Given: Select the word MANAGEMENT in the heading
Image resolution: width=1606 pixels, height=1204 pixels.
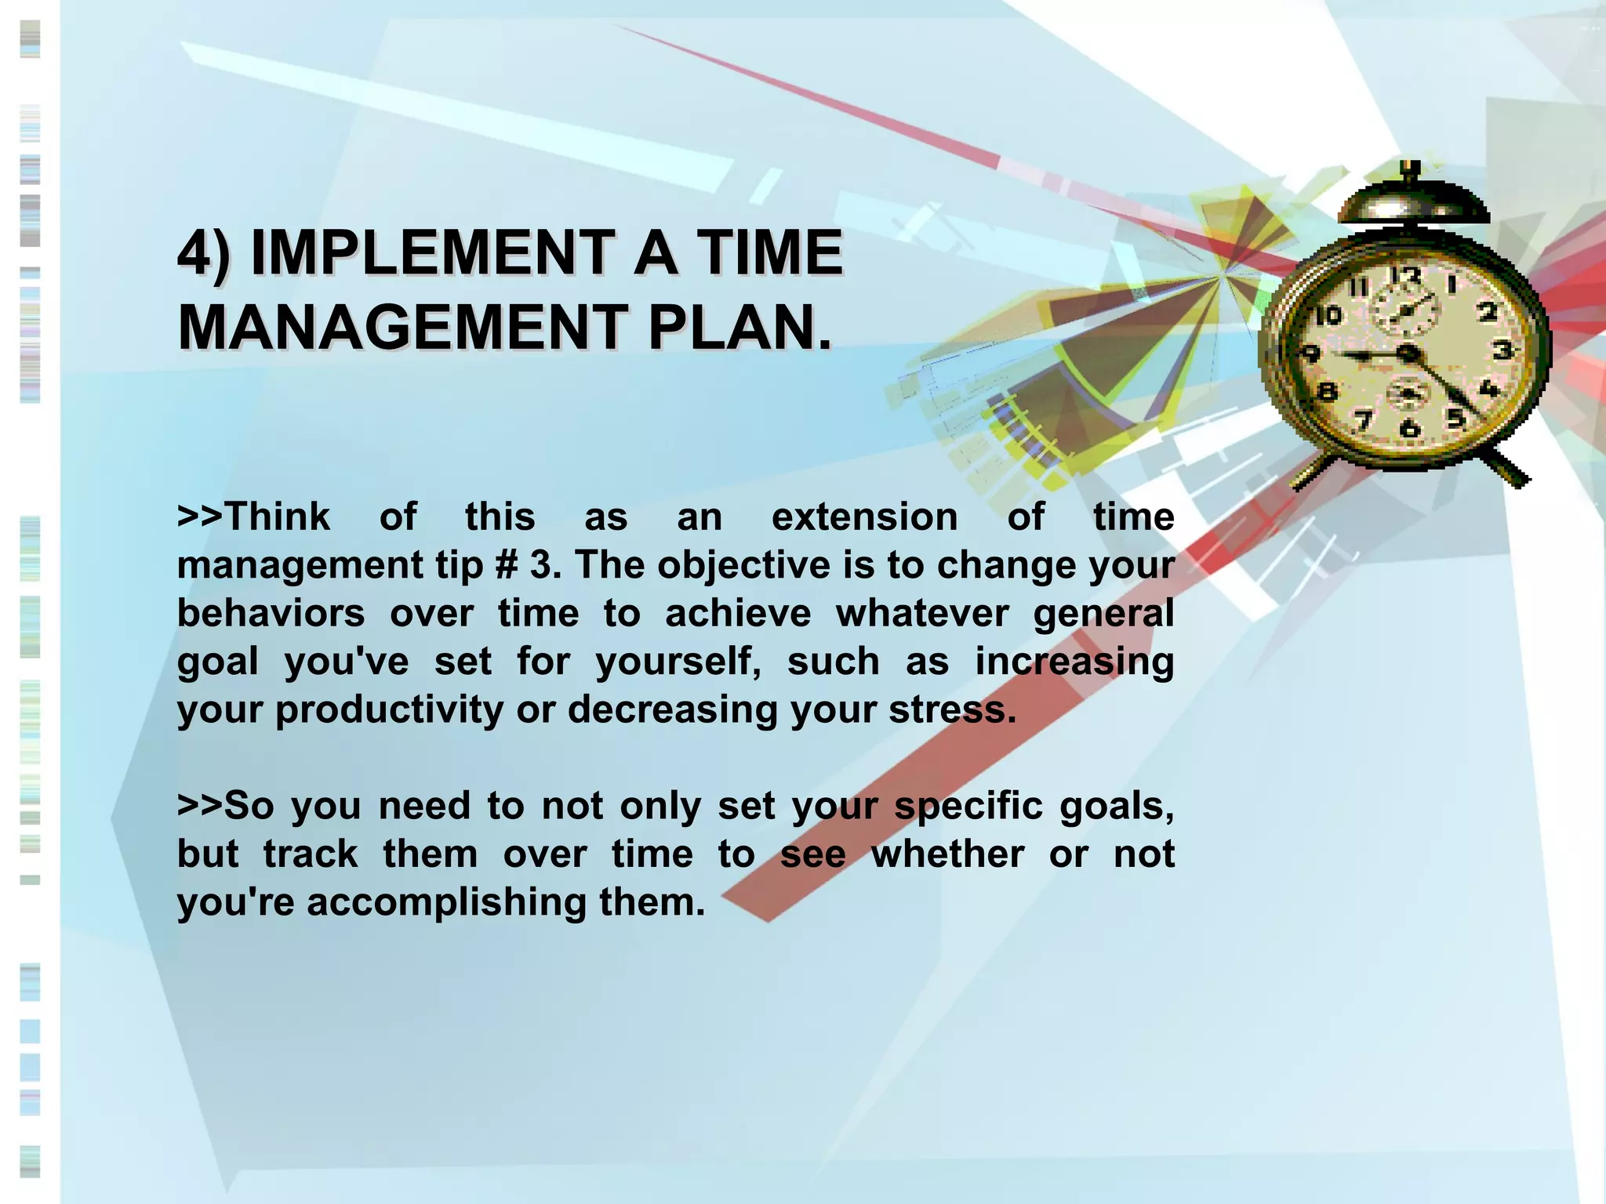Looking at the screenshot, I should coord(401,328).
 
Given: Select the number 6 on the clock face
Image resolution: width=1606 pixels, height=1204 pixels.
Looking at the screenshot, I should coord(1409,428).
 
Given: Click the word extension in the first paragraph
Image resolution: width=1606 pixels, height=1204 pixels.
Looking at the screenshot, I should coord(864,517).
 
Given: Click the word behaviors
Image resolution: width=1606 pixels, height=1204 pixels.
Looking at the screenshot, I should coord(271,613).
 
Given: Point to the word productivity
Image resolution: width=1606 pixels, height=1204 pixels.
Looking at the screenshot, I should coord(389,710).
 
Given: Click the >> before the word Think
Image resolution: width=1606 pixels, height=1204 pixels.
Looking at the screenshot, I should coord(199,517).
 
